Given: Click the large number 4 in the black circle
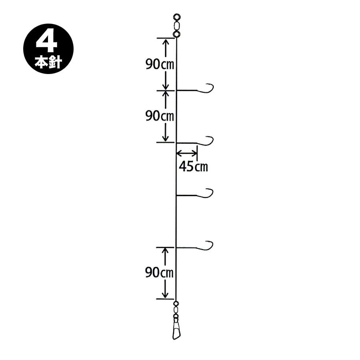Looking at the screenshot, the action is [46, 43].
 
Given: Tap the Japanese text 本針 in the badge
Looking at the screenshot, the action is [48, 62].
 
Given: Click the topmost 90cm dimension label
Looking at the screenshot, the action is [160, 64].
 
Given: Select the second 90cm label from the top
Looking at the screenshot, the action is [160, 116].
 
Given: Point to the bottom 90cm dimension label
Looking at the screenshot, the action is [159, 272].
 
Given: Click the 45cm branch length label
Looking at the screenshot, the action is [193, 166].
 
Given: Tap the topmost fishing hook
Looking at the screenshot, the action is [206, 89].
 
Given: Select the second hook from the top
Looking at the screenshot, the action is [206, 141].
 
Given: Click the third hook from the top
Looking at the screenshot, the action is [205, 194].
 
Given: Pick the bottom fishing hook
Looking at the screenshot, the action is [205, 246].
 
